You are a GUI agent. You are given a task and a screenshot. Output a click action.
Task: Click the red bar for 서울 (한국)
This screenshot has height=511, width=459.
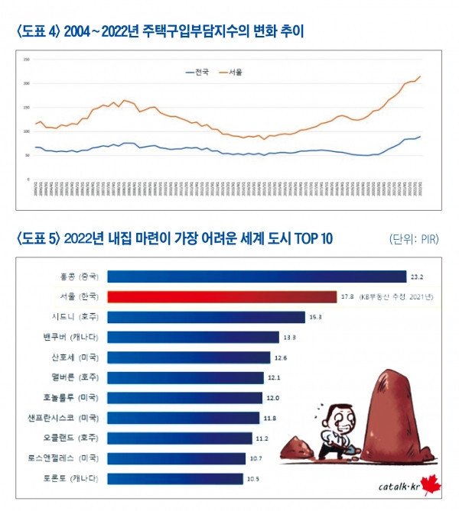(221, 296)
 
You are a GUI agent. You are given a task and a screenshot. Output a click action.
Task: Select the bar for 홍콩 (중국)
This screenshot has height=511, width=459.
(256, 277)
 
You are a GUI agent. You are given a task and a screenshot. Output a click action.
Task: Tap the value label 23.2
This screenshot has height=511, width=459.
(417, 277)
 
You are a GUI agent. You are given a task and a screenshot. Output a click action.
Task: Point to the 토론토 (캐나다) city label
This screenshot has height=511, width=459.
(75, 478)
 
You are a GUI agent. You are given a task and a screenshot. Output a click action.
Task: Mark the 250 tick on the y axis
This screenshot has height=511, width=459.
(27, 59)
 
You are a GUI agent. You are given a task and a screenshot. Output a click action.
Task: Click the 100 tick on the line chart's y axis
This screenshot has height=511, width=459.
(27, 131)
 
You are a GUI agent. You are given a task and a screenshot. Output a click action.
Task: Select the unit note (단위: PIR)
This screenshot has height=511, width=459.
(413, 239)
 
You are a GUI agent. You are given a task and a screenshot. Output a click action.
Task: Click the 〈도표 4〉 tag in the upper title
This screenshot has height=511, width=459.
(38, 31)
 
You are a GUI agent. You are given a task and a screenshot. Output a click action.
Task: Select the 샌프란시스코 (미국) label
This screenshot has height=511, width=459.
(75, 418)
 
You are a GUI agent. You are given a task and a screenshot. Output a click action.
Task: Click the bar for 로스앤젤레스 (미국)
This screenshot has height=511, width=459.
(177, 458)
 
